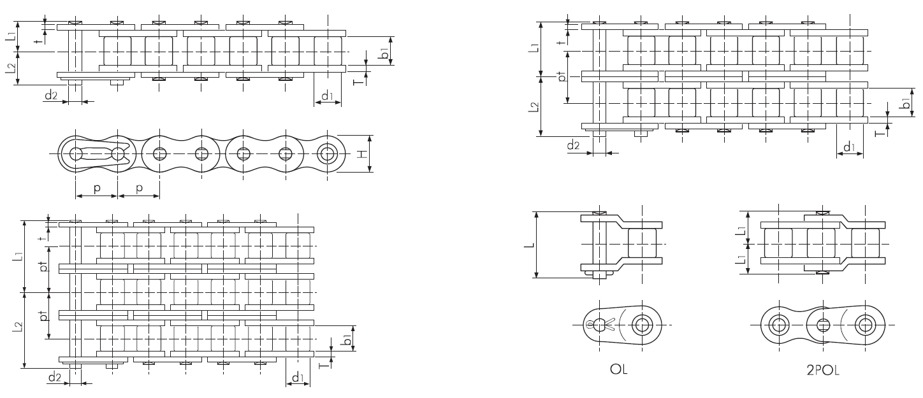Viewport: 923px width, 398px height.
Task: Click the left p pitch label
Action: click(x=97, y=189)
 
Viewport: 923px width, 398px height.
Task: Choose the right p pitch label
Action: click(x=138, y=189)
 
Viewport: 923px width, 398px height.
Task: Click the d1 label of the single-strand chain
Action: click(x=327, y=97)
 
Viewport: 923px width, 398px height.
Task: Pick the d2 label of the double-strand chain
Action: click(x=573, y=146)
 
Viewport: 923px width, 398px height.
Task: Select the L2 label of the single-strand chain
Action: click(x=11, y=69)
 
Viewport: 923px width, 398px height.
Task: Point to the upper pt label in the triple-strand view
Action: click(x=43, y=266)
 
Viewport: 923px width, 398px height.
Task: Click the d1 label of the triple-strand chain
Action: click(x=297, y=378)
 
